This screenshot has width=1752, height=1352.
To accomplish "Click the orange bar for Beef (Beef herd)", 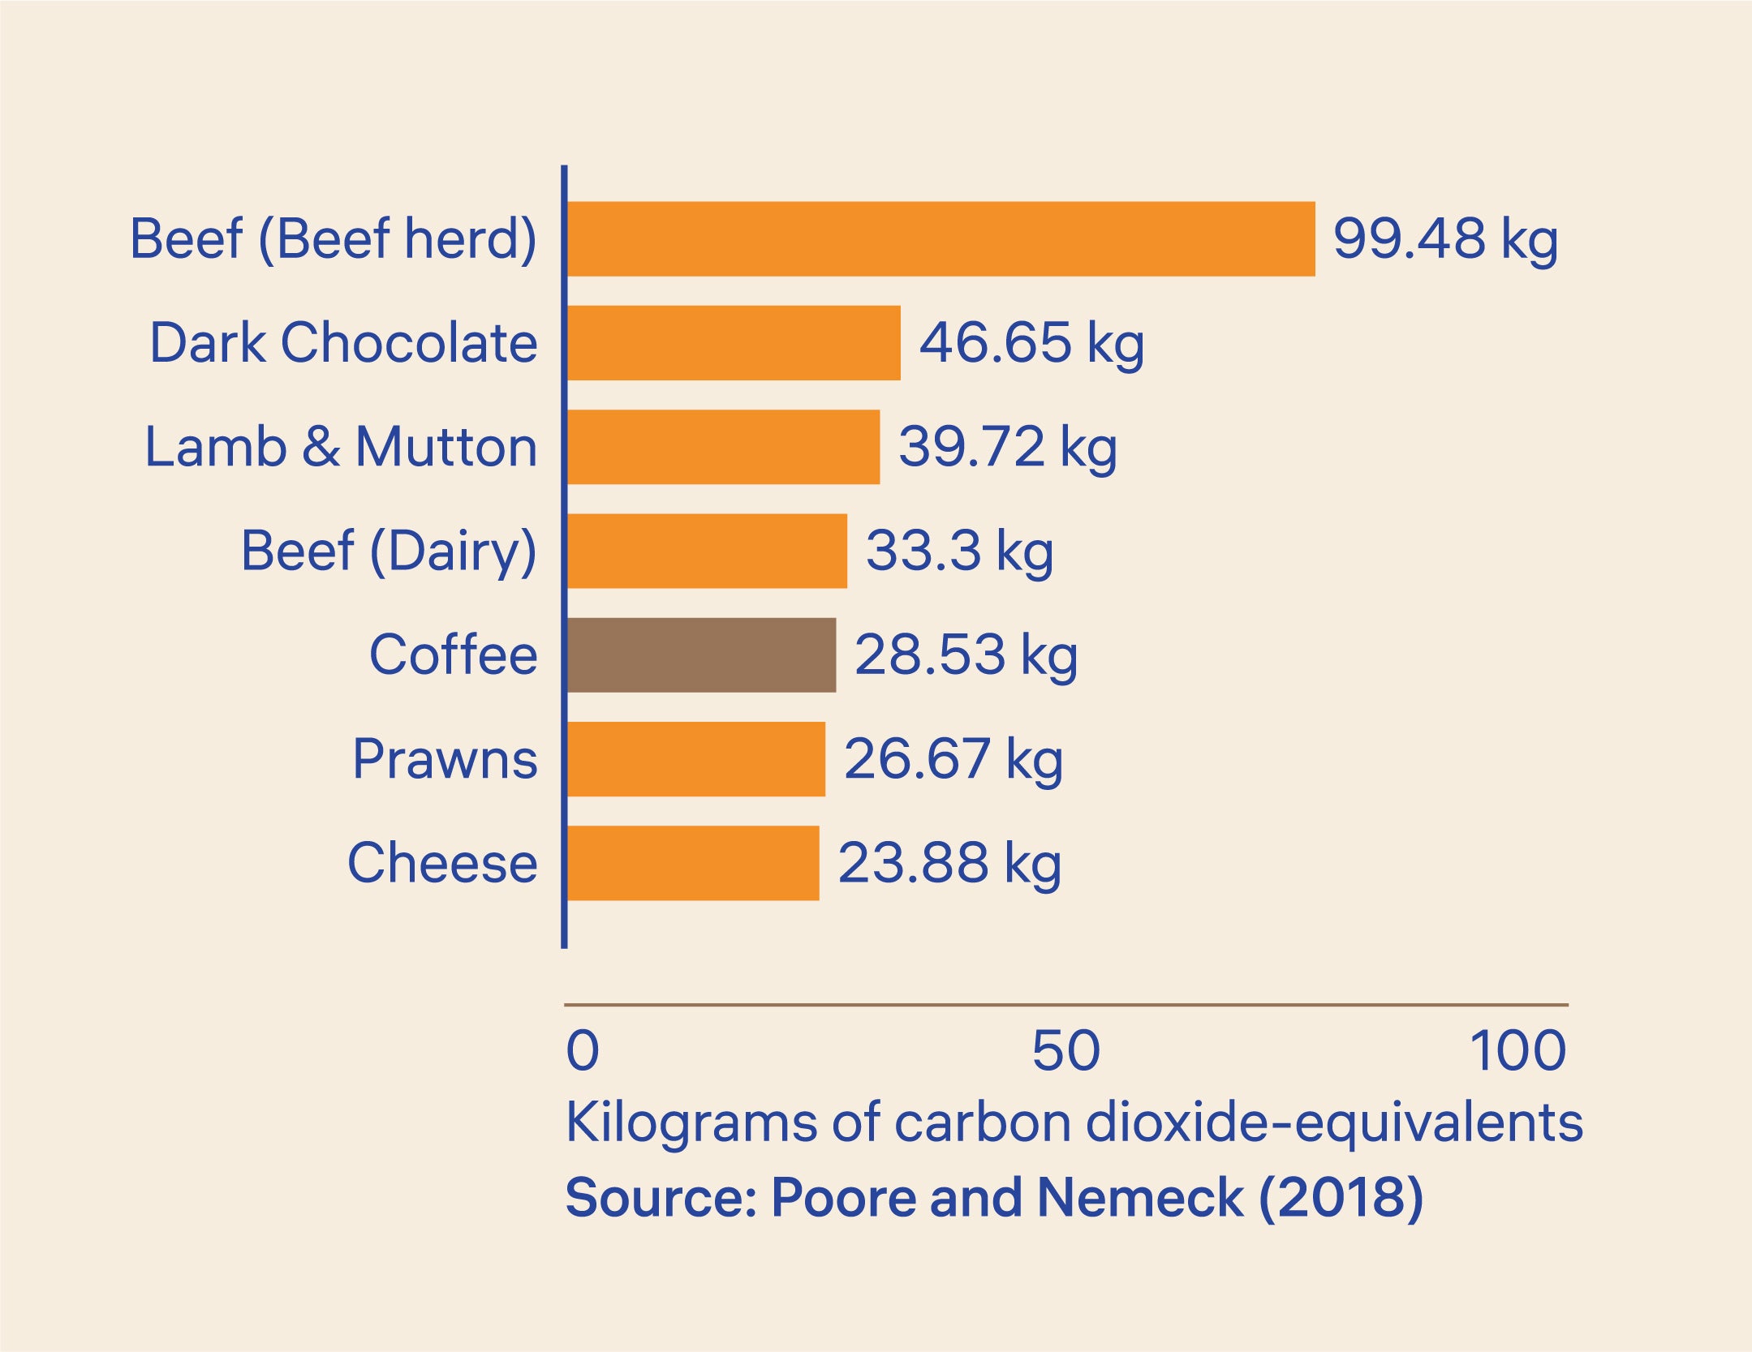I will [x=940, y=239].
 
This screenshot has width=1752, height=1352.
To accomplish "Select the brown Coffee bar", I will [x=701, y=655].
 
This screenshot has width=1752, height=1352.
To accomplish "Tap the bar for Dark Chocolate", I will [x=734, y=343].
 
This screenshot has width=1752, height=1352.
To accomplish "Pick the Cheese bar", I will [x=693, y=863].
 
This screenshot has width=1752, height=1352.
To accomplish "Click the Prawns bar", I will [x=696, y=759].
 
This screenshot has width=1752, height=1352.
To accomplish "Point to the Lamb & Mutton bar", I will [x=723, y=447].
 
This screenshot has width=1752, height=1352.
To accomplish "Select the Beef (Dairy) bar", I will [x=707, y=551].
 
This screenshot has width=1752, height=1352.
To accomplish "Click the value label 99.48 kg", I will [x=1445, y=239].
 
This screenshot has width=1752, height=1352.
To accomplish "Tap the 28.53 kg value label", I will [x=966, y=655].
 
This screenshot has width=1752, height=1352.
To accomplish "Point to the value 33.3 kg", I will [x=959, y=552].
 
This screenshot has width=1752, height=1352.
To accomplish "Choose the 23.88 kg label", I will [x=949, y=863].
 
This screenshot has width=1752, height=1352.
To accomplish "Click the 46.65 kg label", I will [x=1031, y=343].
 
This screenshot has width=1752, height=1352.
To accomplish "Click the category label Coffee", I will [x=453, y=655].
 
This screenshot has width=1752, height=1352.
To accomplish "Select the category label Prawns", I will [x=445, y=759].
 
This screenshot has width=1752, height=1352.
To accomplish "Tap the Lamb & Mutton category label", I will [x=341, y=447].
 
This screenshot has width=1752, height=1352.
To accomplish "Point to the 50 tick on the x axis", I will [x=1065, y=1051].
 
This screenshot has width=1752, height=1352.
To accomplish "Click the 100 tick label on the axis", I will [x=1517, y=1051].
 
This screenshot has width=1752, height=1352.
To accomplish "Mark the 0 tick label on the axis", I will [x=583, y=1051].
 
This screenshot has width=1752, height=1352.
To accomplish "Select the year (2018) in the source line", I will [x=1341, y=1198].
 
